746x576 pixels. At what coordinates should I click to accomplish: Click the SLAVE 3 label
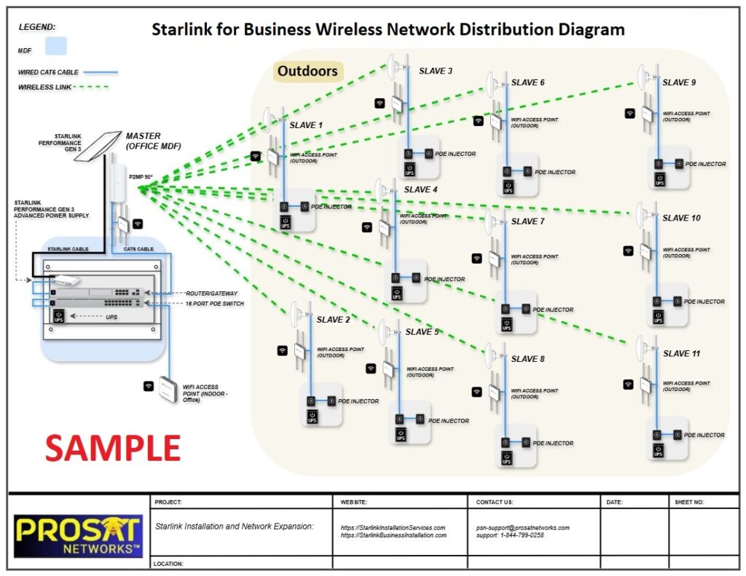tap(435, 71)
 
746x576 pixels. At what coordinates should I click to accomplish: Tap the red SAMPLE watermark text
tap(112, 447)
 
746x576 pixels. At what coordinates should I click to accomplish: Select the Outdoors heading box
tap(307, 71)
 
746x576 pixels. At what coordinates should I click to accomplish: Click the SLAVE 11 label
tap(681, 353)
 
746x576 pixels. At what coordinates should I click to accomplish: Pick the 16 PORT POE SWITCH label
tap(214, 303)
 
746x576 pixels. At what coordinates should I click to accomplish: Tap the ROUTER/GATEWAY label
tap(211, 291)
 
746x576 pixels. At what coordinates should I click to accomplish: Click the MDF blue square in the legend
tap(55, 47)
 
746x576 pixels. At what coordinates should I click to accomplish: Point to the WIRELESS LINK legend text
tap(42, 87)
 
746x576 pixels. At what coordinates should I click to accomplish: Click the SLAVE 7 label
tap(527, 221)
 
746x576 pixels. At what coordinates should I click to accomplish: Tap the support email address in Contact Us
tap(522, 527)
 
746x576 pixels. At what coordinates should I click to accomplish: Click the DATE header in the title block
tap(614, 502)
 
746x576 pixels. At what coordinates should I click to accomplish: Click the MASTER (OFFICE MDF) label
tap(153, 141)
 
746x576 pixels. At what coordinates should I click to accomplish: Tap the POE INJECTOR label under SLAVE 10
tap(704, 301)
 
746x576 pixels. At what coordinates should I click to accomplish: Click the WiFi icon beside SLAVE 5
tap(371, 368)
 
